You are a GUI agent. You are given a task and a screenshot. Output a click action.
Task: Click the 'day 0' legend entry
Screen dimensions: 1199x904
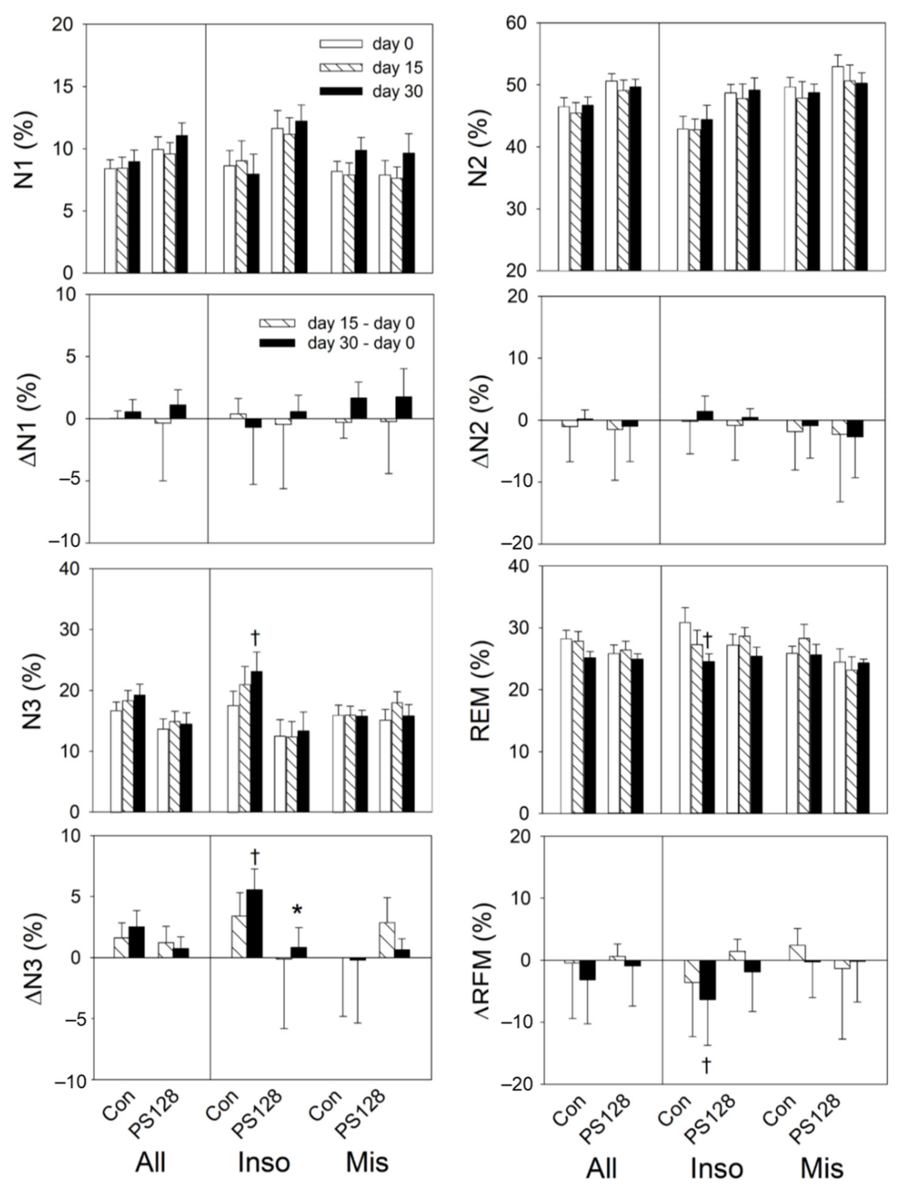(x=392, y=44)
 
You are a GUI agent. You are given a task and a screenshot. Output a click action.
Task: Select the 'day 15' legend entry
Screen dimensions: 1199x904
(x=397, y=68)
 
